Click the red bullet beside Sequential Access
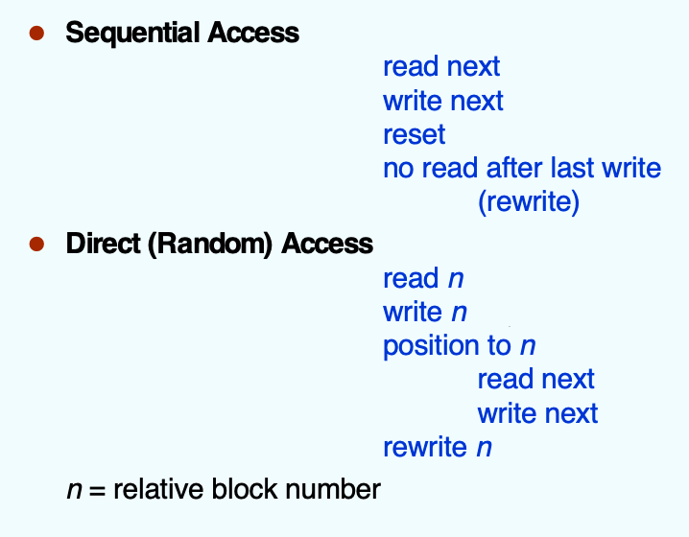(36, 33)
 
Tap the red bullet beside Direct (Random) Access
(36, 244)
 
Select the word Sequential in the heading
(132, 34)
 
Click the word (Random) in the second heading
(210, 244)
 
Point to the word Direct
(104, 244)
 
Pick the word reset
(415, 134)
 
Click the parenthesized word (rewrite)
(529, 202)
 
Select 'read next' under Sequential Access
(441, 67)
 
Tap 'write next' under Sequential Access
(443, 101)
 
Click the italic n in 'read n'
(456, 279)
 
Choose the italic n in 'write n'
(460, 313)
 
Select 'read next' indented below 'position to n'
(536, 380)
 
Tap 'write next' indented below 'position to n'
(537, 413)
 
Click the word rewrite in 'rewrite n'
(425, 448)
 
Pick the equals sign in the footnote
(97, 491)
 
